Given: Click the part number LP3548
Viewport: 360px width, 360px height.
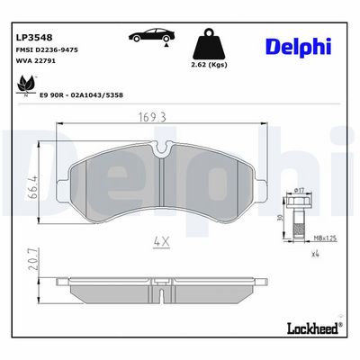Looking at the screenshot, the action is pyautogui.click(x=33, y=38).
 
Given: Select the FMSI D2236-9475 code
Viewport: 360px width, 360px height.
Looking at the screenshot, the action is pyautogui.click(x=47, y=50).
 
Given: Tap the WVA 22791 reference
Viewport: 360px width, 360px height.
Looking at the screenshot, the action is pyautogui.click(x=35, y=61).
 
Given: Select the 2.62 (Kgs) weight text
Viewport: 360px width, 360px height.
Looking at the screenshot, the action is pyautogui.click(x=209, y=65).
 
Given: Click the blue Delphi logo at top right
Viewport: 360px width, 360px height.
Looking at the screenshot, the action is pyautogui.click(x=299, y=47).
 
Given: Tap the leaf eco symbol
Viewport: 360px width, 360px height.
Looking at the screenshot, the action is pyautogui.click(x=26, y=85).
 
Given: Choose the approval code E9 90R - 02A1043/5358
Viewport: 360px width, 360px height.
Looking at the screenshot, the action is pyautogui.click(x=81, y=95).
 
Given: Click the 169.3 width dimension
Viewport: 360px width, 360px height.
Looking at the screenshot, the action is pyautogui.click(x=152, y=117).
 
